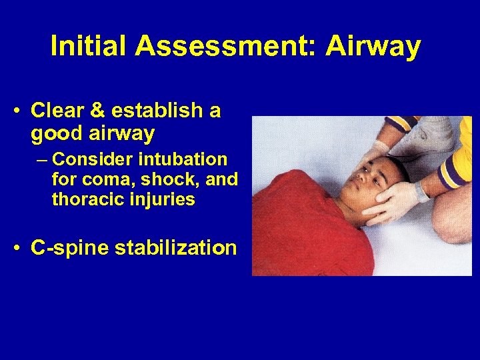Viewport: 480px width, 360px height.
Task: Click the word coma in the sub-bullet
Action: tap(95, 180)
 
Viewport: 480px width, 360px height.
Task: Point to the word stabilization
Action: tap(176, 248)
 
